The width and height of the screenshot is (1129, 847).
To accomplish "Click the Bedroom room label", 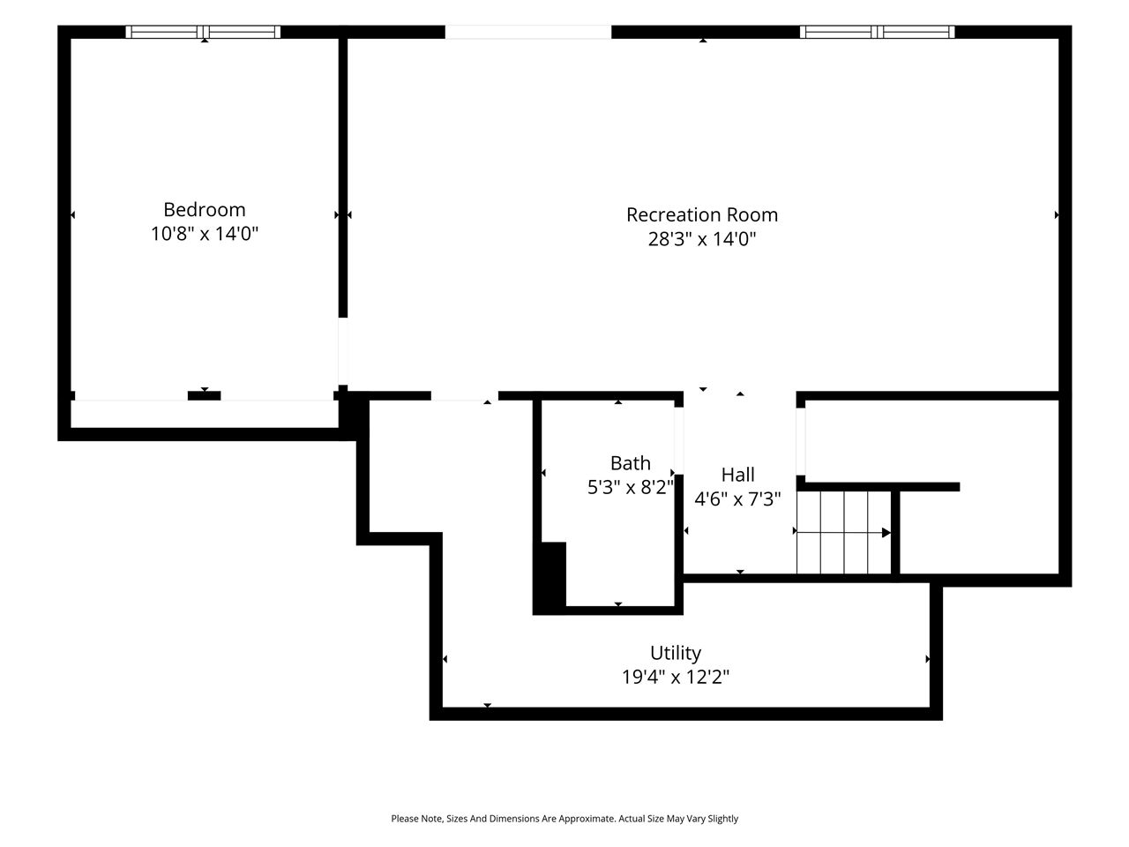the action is (205, 210).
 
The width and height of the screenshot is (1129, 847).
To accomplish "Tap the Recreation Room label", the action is (701, 215).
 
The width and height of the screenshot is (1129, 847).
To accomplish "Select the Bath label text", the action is (630, 463).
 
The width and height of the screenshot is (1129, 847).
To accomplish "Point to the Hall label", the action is (737, 475).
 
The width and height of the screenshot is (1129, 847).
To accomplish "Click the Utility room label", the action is (676, 653).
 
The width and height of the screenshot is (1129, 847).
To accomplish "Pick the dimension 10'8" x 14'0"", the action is (205, 234).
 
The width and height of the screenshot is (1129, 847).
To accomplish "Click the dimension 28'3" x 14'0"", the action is (701, 239).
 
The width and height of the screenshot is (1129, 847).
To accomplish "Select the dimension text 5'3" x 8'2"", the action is (630, 488).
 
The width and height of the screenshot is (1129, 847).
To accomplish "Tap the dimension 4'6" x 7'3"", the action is (737, 498).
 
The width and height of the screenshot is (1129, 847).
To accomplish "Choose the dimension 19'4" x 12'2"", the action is (676, 678).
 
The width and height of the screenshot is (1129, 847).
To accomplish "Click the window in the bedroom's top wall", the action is (203, 32).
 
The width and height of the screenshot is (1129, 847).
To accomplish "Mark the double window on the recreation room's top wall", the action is (877, 32).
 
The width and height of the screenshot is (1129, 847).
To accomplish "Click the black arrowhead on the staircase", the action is (886, 533).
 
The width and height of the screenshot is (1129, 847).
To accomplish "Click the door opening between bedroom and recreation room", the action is (342, 351).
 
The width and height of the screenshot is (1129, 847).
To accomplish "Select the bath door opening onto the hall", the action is (679, 441).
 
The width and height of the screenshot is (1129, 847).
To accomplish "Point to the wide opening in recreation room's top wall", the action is (528, 32).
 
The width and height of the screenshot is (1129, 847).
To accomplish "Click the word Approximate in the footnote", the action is (587, 819).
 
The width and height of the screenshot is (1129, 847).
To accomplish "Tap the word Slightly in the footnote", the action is (722, 819).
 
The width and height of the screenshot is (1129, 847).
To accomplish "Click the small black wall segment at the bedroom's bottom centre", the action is (205, 396).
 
